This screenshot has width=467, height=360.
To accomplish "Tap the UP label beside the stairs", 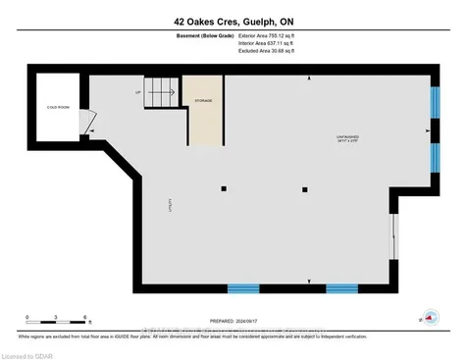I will coord(138,94).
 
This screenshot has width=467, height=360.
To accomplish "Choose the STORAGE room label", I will coord(203,100).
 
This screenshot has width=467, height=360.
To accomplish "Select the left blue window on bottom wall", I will coord(243,287).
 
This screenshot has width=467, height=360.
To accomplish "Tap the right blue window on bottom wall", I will coord(342,287).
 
